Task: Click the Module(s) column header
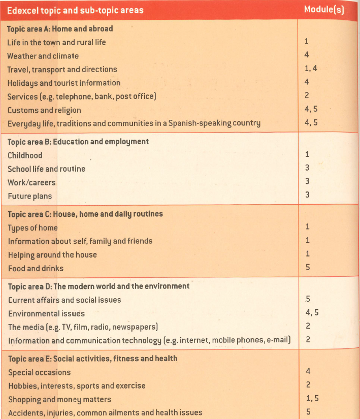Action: pos(324,10)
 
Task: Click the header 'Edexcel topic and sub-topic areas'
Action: pos(76,10)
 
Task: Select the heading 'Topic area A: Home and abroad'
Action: pos(60,29)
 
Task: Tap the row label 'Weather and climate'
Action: pos(43,56)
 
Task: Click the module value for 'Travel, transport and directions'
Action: pos(311,69)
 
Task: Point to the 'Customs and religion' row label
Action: pos(44,110)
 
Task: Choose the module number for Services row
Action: pos(307,95)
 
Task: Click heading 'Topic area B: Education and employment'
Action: pos(78,142)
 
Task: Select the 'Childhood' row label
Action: pos(25,155)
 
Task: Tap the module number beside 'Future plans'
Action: pos(307,195)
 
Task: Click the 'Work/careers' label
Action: pos(31,182)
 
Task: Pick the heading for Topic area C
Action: pos(85,214)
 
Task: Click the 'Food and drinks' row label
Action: pos(36,268)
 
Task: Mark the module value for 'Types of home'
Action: pos(307,227)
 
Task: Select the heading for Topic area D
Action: pos(99,286)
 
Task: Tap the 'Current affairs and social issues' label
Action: pos(64,300)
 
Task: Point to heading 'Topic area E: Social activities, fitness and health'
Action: pos(92,359)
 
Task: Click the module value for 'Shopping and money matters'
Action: pos(312,399)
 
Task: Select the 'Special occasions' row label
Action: pos(39,372)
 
